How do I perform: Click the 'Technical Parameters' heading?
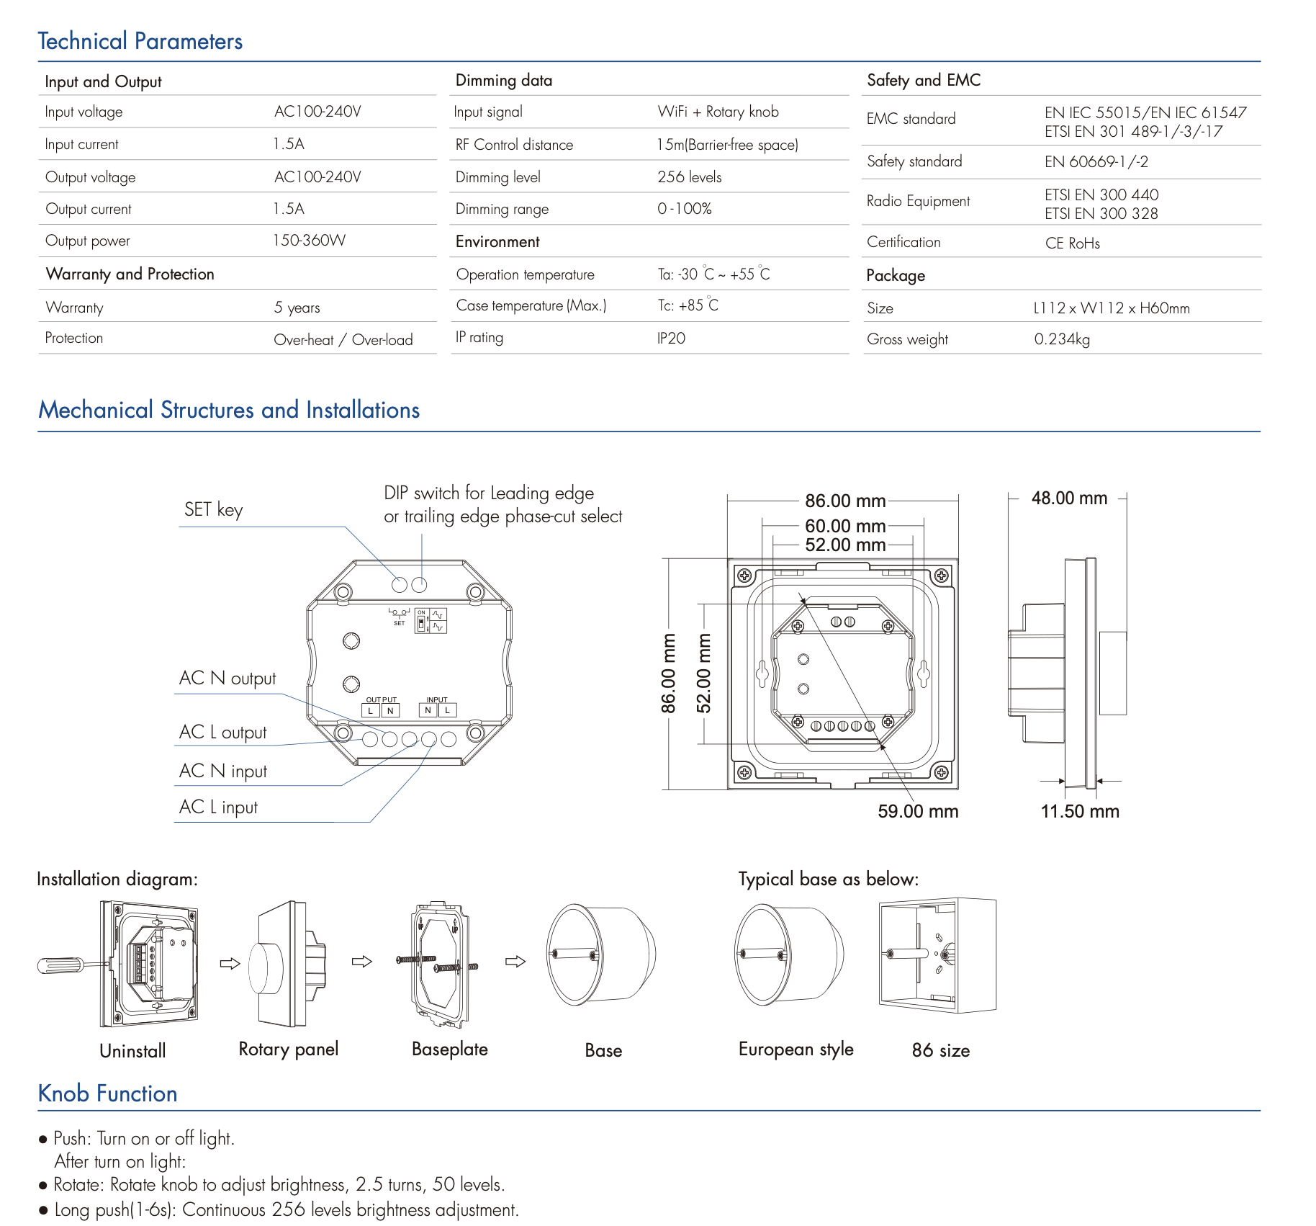click(140, 41)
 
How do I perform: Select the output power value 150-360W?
click(309, 241)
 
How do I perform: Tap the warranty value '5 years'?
click(297, 308)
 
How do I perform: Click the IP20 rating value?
click(671, 338)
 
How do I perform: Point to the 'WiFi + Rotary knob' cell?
click(718, 112)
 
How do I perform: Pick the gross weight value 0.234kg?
click(1062, 339)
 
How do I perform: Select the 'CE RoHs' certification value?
click(1073, 243)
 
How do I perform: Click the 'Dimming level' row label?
click(497, 177)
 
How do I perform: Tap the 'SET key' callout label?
click(214, 510)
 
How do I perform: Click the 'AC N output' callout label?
click(227, 679)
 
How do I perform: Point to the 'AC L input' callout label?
click(218, 807)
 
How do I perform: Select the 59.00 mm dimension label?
click(918, 812)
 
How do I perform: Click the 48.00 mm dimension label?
click(1069, 498)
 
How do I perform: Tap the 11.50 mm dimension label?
click(1080, 812)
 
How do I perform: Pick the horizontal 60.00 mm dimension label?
click(845, 527)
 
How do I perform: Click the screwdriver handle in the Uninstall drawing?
click(59, 965)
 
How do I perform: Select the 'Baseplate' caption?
click(450, 1050)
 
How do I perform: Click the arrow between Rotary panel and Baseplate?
click(362, 962)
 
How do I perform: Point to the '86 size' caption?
click(940, 1051)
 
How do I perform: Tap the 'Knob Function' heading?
click(107, 1093)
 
